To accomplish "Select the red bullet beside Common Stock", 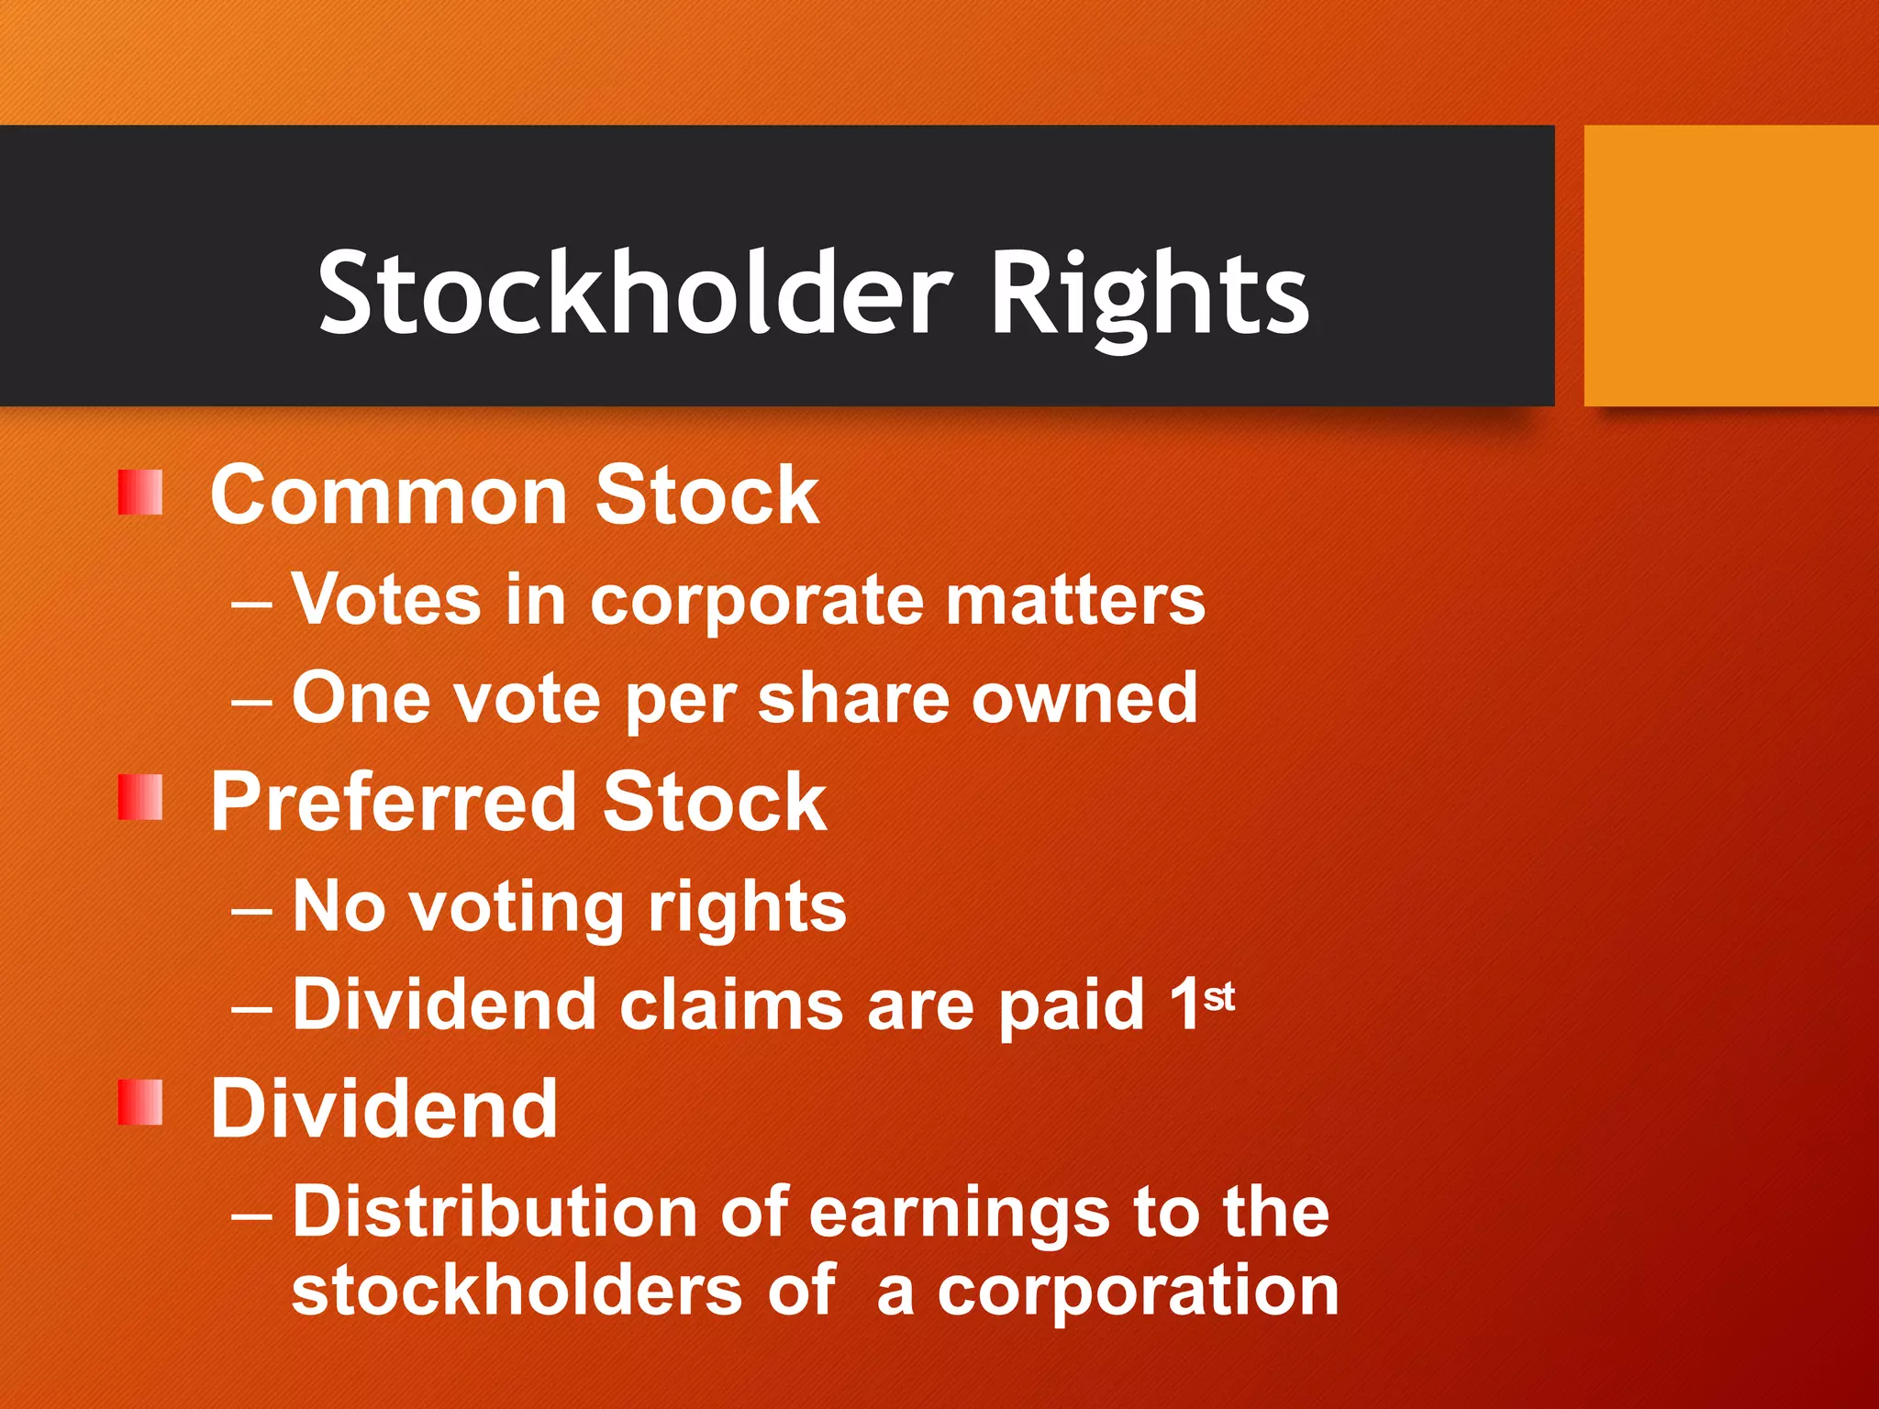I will pyautogui.click(x=140, y=493).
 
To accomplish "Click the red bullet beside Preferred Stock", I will pyautogui.click(x=140, y=796).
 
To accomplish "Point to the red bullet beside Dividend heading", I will pyautogui.click(x=140, y=1102).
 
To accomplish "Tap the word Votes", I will pyautogui.click(x=386, y=600).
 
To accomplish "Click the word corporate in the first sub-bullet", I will pyautogui.click(x=756, y=604).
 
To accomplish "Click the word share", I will pyautogui.click(x=852, y=699).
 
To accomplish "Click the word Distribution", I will pyautogui.click(x=495, y=1212).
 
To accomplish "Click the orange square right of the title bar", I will pyautogui.click(x=1731, y=266).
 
